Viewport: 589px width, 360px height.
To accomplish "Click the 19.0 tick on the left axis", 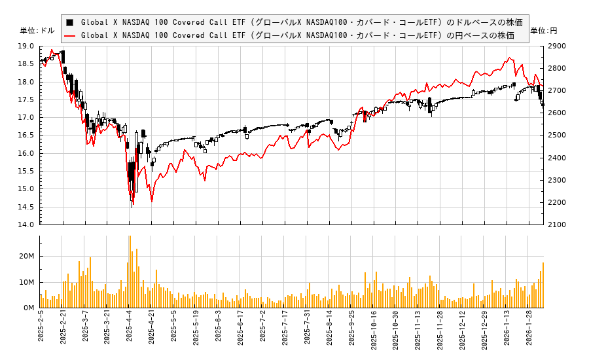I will pyautogui.click(x=27, y=46).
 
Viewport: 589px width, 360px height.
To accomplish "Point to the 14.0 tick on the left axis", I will pyautogui.click(x=27, y=225).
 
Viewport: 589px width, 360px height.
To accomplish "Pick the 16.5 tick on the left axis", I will pyautogui.click(x=27, y=135).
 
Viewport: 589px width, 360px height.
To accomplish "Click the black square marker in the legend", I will pyautogui.click(x=70, y=22).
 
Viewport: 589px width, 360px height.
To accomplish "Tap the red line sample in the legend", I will pyautogui.click(x=70, y=35).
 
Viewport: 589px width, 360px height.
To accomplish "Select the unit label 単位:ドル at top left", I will pyautogui.click(x=38, y=31).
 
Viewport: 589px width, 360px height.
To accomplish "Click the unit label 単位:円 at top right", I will pyautogui.click(x=544, y=31).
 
